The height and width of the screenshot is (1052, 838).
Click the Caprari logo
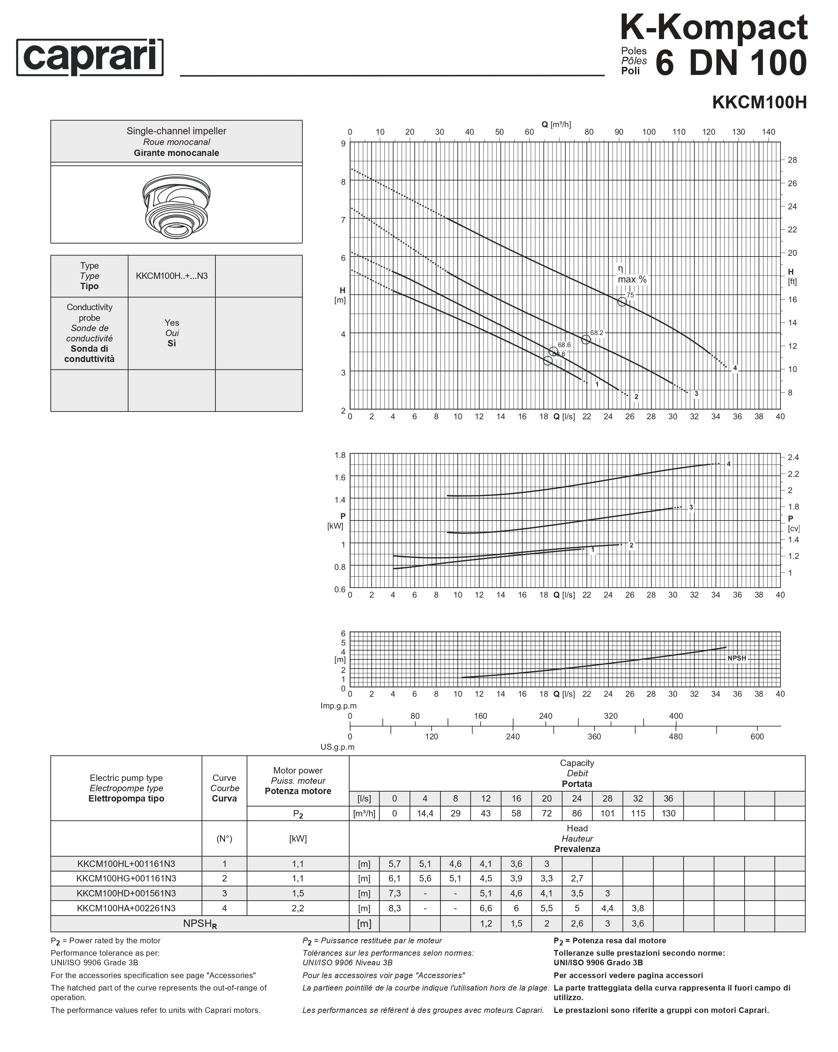(x=90, y=57)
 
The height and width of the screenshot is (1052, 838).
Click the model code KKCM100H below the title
(x=759, y=102)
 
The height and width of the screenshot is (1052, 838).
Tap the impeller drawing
(x=176, y=206)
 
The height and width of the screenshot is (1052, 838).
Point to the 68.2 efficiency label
(x=596, y=333)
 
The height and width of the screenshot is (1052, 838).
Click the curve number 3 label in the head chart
(x=696, y=394)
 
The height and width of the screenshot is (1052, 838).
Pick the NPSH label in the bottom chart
(x=736, y=658)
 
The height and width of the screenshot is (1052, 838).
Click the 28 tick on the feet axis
(x=792, y=160)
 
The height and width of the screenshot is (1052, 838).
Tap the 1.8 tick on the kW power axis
(x=340, y=455)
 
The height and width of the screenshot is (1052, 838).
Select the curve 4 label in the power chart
(x=728, y=464)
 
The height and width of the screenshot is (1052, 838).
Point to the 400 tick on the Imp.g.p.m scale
(x=676, y=716)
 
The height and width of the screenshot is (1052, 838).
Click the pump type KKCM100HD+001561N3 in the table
(x=126, y=894)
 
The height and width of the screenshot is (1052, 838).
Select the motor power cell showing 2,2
(x=298, y=908)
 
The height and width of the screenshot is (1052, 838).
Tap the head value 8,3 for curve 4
(x=394, y=908)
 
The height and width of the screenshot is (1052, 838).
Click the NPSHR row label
(x=200, y=924)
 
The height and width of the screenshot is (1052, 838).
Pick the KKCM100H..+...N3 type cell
(x=171, y=276)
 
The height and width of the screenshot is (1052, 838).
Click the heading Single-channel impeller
(x=176, y=131)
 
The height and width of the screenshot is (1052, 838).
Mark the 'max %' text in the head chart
(x=632, y=280)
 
